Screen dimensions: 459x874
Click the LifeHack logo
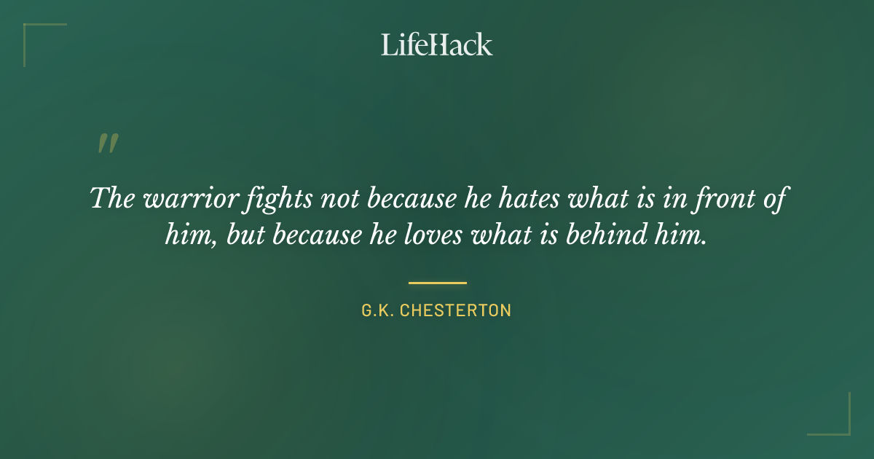(436, 44)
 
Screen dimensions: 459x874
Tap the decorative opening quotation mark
(107, 144)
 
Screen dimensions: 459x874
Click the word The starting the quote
(112, 198)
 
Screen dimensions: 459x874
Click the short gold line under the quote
(437, 283)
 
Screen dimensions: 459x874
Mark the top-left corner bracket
(33, 33)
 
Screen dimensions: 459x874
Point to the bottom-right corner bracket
(840, 425)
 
